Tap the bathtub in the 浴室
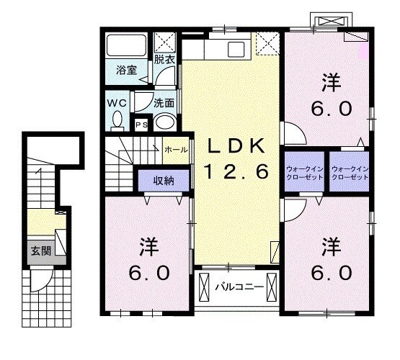point(126,45)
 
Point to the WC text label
point(116,102)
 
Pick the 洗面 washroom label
point(164,102)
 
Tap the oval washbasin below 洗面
point(165,122)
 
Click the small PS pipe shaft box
point(141,125)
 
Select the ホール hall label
point(177,150)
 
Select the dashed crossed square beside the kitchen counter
point(267,46)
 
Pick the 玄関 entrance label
point(40,252)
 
